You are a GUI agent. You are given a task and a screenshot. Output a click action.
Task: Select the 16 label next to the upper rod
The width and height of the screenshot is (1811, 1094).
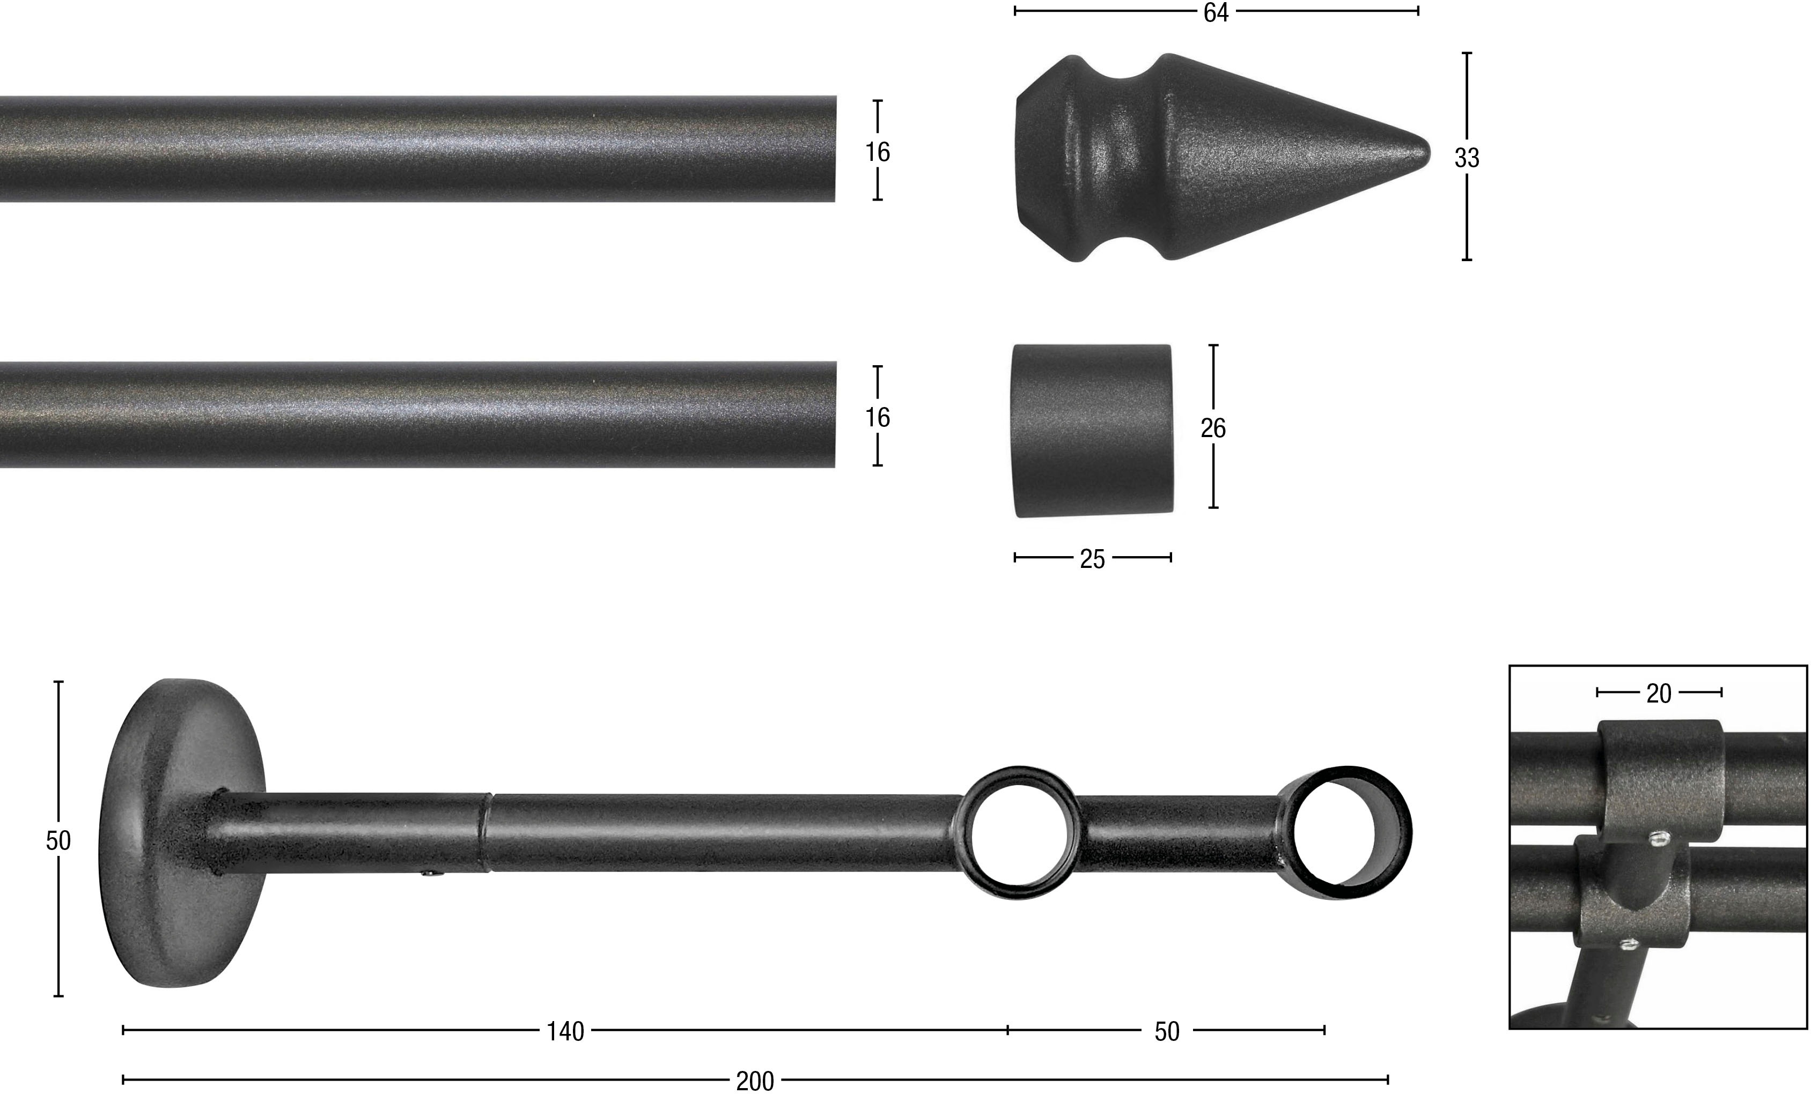878,152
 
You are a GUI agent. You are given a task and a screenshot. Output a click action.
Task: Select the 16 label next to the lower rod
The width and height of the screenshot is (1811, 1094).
878,417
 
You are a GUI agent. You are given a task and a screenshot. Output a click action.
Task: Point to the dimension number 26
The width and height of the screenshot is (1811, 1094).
1213,427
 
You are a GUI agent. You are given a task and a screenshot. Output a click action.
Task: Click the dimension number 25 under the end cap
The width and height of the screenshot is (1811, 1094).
1092,560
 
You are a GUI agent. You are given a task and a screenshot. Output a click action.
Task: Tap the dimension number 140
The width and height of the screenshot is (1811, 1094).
565,1032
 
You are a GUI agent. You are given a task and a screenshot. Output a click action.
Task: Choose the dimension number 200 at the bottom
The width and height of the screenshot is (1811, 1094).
755,1081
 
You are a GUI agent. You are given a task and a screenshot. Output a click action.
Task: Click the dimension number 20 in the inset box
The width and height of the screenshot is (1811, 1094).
1659,693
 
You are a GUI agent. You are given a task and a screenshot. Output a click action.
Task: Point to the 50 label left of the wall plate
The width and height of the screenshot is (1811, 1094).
58,840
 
